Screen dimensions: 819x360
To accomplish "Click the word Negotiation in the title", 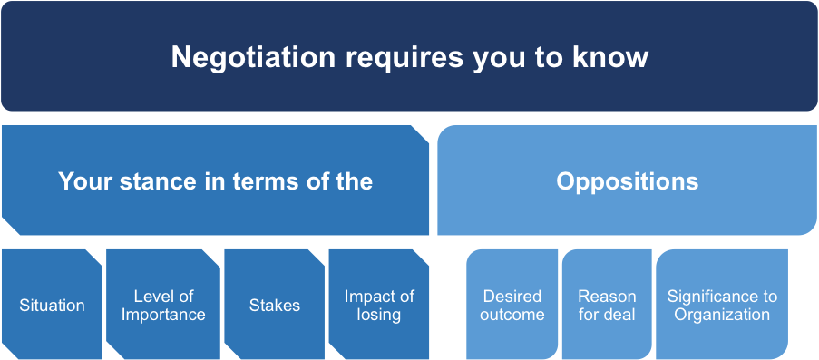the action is pyautogui.click(x=253, y=57).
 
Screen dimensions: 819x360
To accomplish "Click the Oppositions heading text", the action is pyautogui.click(x=628, y=182).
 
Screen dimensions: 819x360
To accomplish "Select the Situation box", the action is pyautogui.click(x=52, y=304).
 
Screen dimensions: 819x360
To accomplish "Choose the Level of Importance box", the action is pyautogui.click(x=163, y=304).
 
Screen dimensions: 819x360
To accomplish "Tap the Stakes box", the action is pyautogui.click(x=275, y=304).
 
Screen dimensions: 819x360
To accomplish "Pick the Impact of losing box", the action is pyautogui.click(x=379, y=304).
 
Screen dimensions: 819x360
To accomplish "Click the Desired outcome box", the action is pyautogui.click(x=512, y=304).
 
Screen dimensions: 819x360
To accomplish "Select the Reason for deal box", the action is pyautogui.click(x=607, y=304).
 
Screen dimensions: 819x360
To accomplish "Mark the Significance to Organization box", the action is pyautogui.click(x=722, y=304).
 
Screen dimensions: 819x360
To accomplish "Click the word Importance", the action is pyautogui.click(x=163, y=315).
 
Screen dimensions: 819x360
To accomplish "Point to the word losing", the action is pyautogui.click(x=379, y=316).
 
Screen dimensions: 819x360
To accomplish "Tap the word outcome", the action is pyautogui.click(x=512, y=315).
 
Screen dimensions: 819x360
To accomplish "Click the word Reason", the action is pyautogui.click(x=607, y=297).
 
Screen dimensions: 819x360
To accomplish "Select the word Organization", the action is pyautogui.click(x=722, y=316).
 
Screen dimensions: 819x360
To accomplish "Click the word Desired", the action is pyautogui.click(x=512, y=297).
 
